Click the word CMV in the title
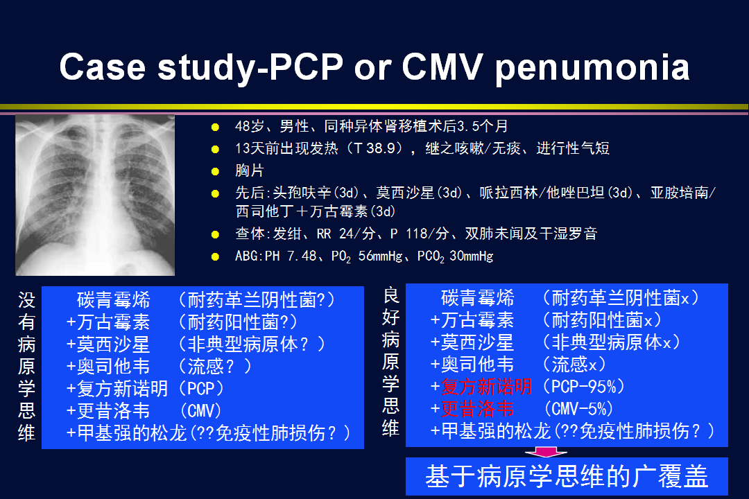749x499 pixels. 442,66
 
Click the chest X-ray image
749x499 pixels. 95,195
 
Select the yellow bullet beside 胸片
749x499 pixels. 215,171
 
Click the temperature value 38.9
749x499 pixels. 381,148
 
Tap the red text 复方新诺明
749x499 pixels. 486,386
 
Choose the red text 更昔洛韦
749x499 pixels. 477,409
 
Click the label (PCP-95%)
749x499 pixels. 583,386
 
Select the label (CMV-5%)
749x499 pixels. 578,409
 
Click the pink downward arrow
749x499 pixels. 546,452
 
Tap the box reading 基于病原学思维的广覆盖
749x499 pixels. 567,476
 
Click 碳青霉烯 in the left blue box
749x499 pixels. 113,300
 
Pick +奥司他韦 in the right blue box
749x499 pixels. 472,365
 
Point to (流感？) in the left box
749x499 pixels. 215,366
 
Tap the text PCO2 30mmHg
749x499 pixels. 455,256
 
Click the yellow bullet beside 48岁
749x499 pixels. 215,127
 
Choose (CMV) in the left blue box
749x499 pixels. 200,411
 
